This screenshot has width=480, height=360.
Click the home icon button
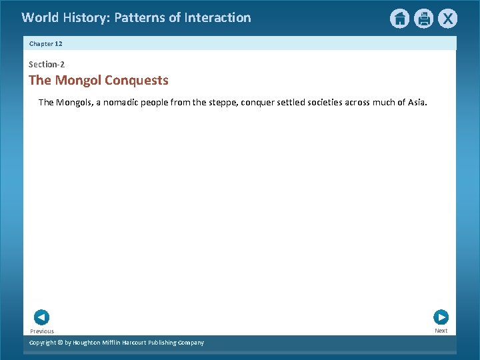pyautogui.click(x=399, y=19)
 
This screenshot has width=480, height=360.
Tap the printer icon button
pyautogui.click(x=423, y=19)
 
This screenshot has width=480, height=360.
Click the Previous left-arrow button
pyautogui.click(x=41, y=317)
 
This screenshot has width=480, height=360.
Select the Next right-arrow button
pyautogui.click(x=441, y=317)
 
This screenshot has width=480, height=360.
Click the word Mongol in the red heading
pyautogui.click(x=78, y=81)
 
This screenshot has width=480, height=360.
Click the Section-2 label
pyautogui.click(x=47, y=65)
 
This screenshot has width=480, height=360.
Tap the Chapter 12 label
pyautogui.click(x=46, y=43)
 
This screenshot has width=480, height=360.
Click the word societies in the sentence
pyautogui.click(x=321, y=103)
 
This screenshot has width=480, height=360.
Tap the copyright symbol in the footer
pyautogui.click(x=59, y=343)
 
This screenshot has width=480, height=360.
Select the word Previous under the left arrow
pyautogui.click(x=42, y=331)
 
